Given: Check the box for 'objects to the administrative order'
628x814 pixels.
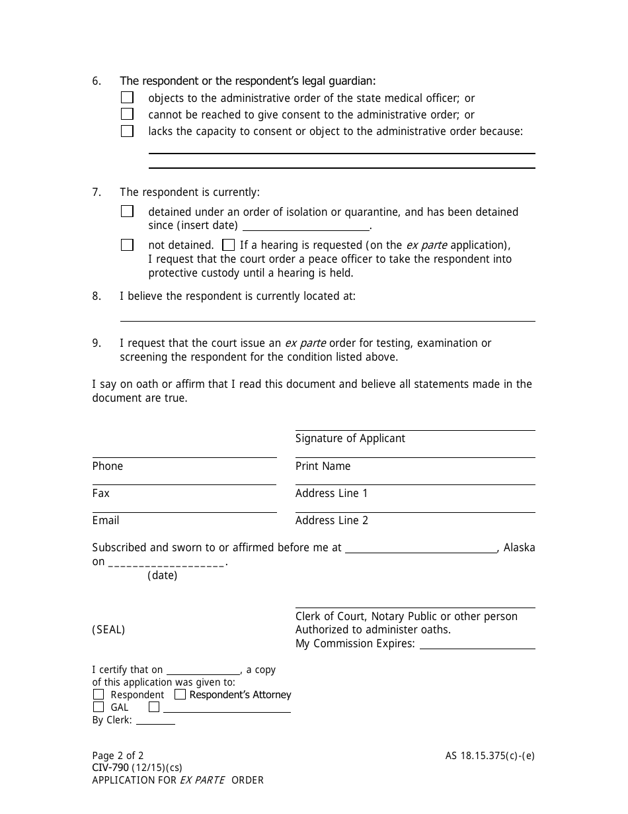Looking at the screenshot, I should coord(127,97).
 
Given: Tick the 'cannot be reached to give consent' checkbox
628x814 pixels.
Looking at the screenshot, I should coord(127,114).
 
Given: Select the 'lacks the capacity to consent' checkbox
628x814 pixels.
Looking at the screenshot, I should coord(127,131).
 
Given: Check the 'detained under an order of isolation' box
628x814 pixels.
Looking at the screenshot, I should coord(127,212).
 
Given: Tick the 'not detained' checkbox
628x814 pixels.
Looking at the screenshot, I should coord(127,245).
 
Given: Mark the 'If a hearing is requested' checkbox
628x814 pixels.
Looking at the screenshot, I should coord(228,245).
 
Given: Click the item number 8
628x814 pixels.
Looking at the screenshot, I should coord(97,296).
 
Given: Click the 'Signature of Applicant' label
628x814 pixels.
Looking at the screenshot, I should coord(350,438).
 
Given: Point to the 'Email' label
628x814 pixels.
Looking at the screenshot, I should coord(106,520).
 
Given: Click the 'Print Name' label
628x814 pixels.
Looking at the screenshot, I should coord(323,466).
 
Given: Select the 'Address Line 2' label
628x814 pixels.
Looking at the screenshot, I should coord(331,520).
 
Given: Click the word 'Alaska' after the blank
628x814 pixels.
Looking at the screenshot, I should coord(519,547).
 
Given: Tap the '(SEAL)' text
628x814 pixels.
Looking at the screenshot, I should coord(108,629).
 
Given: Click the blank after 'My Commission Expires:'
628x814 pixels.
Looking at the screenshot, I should coord(477,644).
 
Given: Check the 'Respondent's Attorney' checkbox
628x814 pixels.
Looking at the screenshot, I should coord(180,694).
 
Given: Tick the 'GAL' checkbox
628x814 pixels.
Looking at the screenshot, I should coord(98,707).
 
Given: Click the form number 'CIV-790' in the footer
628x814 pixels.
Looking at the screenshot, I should coord(110,768).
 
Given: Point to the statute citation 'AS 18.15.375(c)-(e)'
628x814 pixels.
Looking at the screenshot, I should coord(489,755).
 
